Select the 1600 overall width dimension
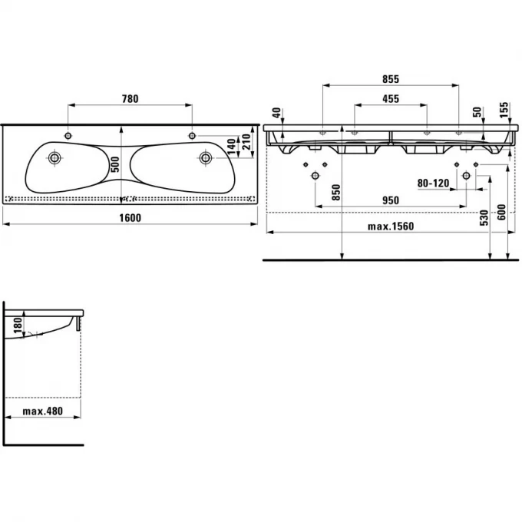pyautogui.click(x=130, y=216)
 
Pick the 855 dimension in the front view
pyautogui.click(x=391, y=79)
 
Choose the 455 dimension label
pyautogui.click(x=391, y=98)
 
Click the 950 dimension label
pyautogui.click(x=391, y=199)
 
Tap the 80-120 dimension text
pyautogui.click(x=432, y=183)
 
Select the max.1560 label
pyautogui.click(x=390, y=226)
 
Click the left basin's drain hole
pyautogui.click(x=55, y=158)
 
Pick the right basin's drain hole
pyautogui.click(x=205, y=157)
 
